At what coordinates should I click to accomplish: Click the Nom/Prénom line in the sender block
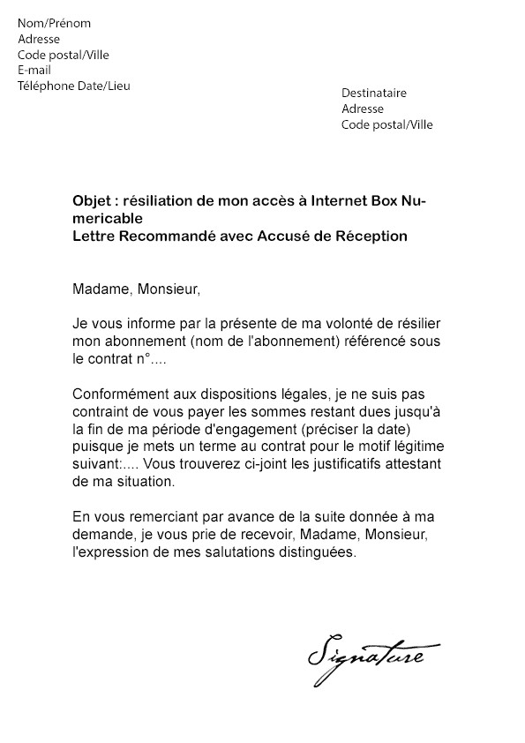(54, 23)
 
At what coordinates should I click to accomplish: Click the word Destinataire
(374, 94)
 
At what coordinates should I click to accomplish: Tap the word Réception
(373, 236)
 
